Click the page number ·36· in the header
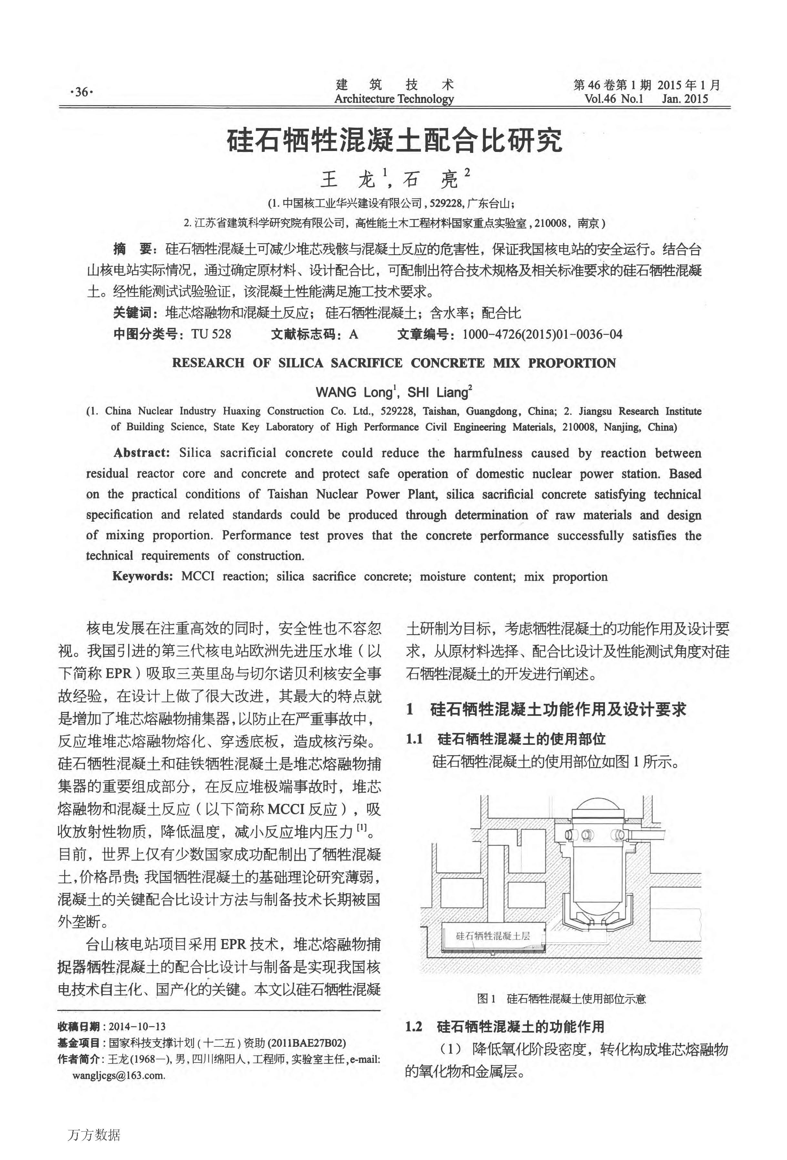point(81,92)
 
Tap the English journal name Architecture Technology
point(394,99)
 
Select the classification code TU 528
point(211,334)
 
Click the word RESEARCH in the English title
point(208,363)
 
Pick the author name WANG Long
point(354,392)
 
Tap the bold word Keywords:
point(143,576)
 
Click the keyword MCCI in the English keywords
point(198,576)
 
